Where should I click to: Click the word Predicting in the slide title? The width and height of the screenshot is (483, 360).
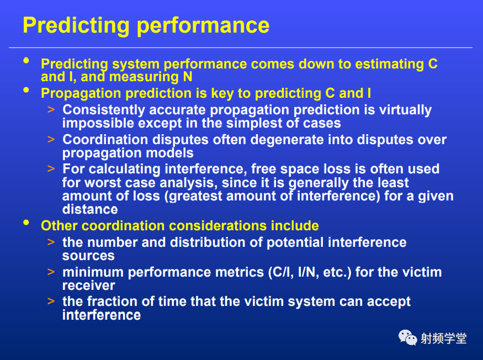click(76, 26)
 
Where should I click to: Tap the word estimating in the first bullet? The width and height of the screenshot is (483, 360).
click(390, 65)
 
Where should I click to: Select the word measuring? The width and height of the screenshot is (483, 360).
click(144, 77)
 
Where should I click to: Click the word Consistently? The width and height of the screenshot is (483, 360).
click(104, 110)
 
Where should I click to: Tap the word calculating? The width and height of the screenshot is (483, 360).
click(124, 169)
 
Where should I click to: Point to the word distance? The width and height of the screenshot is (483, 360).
click(90, 210)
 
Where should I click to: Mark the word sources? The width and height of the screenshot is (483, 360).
click(88, 256)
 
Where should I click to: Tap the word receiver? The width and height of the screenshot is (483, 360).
click(89, 285)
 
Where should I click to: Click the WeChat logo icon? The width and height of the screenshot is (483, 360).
click(407, 337)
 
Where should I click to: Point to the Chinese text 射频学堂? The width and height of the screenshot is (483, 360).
click(444, 338)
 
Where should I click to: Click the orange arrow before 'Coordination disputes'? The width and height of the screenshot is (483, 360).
click(51, 139)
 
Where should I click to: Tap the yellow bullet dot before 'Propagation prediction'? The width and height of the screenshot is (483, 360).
click(26, 90)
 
